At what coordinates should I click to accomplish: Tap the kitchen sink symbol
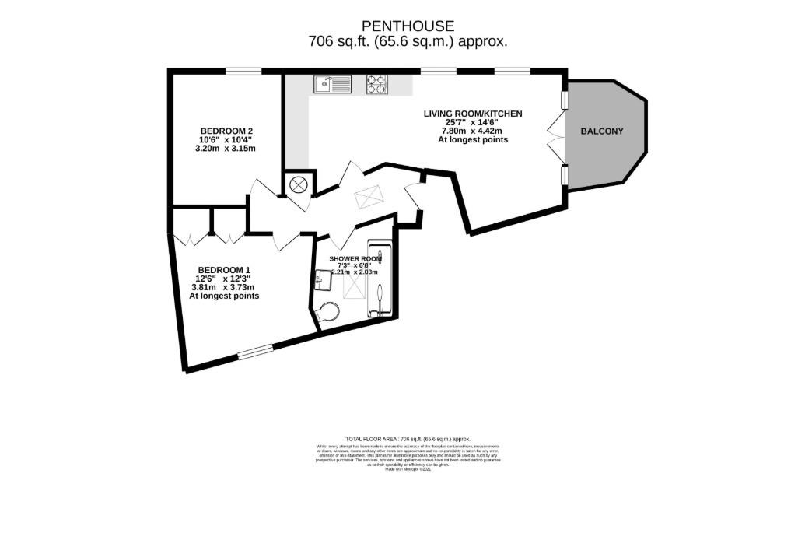(332, 82)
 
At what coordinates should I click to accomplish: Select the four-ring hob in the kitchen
(377, 83)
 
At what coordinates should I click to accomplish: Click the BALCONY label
(602, 131)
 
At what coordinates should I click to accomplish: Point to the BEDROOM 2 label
(226, 131)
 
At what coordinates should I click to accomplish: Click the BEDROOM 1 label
(225, 270)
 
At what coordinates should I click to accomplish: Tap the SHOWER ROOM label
(355, 258)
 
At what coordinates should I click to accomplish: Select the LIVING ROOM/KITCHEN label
(472, 114)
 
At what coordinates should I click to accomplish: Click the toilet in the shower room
(330, 312)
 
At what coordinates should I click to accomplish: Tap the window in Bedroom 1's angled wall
(256, 352)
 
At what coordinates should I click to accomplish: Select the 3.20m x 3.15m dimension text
(226, 148)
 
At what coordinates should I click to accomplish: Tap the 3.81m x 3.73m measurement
(225, 287)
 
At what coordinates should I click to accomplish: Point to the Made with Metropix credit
(408, 470)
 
